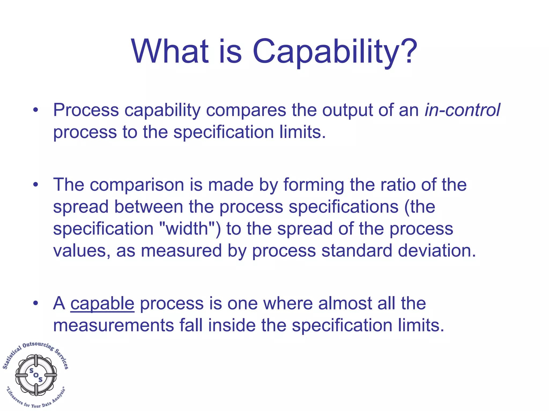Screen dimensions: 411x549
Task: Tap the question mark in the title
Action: pyautogui.click(x=409, y=51)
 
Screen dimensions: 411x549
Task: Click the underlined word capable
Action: pyautogui.click(x=102, y=304)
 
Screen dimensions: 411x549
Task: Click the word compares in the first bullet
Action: pyautogui.click(x=246, y=110)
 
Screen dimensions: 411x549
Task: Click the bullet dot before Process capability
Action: pyautogui.click(x=36, y=110)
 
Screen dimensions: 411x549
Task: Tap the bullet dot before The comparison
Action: pyautogui.click(x=36, y=185)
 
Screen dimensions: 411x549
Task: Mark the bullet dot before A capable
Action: pyautogui.click(x=36, y=304)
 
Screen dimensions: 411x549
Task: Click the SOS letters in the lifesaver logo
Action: pyautogui.click(x=36, y=375)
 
